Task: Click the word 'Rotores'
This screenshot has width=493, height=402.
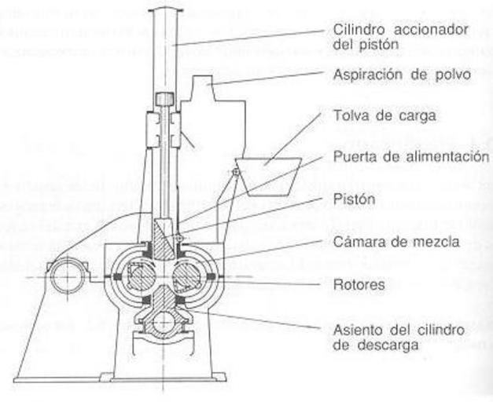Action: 359,284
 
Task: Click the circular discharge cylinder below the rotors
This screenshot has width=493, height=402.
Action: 167,323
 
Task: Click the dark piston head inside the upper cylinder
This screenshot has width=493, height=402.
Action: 166,100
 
